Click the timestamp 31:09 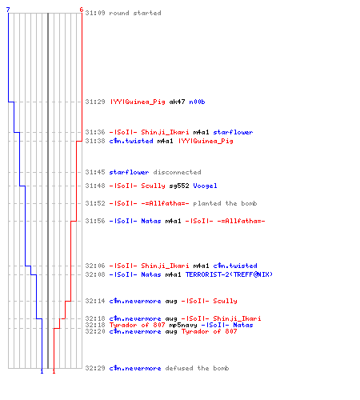95,13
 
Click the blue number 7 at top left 8,10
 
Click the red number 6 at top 82,10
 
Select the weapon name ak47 177,102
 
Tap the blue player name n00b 197,102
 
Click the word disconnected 177,172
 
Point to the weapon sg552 179,186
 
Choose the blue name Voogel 205,186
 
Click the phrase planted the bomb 225,203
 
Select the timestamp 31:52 95,203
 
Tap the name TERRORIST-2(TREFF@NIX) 229,274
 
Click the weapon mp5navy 183,325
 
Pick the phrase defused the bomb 197,368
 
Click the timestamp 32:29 95,368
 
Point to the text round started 135,13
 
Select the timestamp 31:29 95,102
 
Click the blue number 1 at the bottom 42,371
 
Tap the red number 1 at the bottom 54,371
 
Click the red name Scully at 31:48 153,186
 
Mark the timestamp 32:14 95,301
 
